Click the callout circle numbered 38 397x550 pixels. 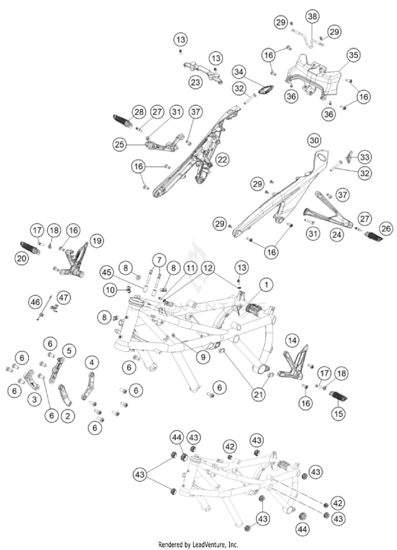(313, 17)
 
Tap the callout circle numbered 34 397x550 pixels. (239, 71)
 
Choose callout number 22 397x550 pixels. (223, 159)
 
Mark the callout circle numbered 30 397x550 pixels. (314, 140)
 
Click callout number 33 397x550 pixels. (365, 157)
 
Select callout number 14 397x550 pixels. (293, 339)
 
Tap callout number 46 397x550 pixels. (35, 302)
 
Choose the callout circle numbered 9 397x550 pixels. (202, 357)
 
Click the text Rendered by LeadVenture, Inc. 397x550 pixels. (198, 544)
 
